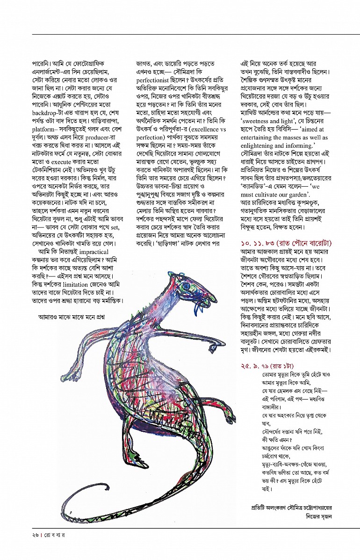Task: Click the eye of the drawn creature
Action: click(187, 286)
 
